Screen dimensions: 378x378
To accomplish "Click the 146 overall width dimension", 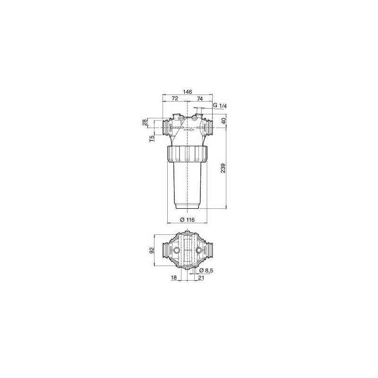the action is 188,92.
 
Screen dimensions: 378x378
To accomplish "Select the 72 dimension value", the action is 174,98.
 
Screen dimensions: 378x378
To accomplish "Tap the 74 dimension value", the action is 199,98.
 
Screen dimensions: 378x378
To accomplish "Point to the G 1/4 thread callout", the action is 220,105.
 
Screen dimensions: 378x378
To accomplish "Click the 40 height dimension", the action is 223,120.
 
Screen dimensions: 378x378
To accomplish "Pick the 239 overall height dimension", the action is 223,168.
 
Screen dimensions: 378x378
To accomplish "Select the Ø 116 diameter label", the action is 187,220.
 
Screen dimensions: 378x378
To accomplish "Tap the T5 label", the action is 152,138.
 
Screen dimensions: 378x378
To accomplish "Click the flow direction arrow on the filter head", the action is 189,129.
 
